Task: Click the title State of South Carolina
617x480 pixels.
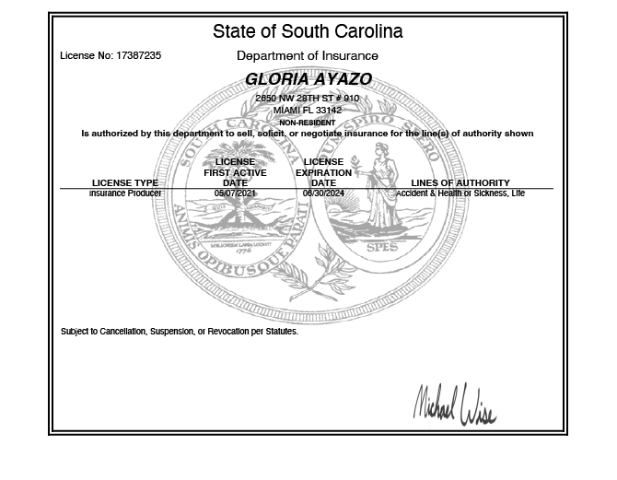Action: (308, 31)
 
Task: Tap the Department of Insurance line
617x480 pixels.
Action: (308, 56)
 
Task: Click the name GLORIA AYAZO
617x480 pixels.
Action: (308, 80)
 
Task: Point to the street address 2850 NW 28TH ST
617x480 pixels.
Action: (308, 99)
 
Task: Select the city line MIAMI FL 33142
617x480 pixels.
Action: (308, 111)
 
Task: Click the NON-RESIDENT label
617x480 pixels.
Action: (308, 123)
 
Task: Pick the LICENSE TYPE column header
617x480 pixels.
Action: (125, 183)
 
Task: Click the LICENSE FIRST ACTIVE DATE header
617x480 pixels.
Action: (235, 172)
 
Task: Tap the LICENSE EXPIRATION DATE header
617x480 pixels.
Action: (323, 172)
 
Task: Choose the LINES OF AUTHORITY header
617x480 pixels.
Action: (460, 183)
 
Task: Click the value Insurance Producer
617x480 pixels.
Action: (125, 193)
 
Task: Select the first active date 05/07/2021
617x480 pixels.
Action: (235, 193)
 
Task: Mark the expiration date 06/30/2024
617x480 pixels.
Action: (323, 193)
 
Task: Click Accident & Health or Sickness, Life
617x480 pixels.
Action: (460, 193)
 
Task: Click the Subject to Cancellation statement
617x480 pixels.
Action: (180, 332)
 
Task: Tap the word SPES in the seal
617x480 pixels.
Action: (382, 248)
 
